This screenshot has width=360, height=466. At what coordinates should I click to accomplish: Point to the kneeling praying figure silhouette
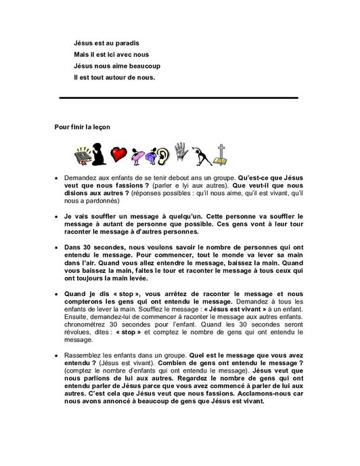tap(99, 153)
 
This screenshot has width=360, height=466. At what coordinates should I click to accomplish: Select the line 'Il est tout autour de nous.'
tap(114, 77)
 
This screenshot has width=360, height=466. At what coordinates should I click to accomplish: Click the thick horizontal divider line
tap(179, 98)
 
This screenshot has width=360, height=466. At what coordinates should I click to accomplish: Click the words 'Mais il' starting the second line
tap(83, 54)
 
